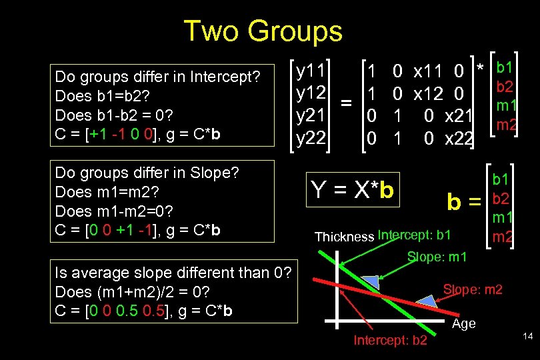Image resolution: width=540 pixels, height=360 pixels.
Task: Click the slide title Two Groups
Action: point(263,31)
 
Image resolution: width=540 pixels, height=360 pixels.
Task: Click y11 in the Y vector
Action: point(311,69)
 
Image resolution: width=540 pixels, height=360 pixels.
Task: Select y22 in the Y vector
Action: point(311,138)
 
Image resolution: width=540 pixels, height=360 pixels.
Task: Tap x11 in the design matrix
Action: point(430,70)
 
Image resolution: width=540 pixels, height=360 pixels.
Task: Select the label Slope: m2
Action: point(473,289)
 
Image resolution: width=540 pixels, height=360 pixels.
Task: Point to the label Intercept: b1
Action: point(414,235)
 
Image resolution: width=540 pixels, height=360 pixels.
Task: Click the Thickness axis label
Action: point(344,237)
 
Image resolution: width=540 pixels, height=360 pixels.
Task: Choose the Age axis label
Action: point(464,323)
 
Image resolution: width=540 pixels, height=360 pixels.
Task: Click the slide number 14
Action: point(527,337)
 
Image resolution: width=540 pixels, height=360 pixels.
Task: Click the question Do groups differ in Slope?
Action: point(147,173)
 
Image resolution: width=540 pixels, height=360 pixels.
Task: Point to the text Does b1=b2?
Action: point(103,95)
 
